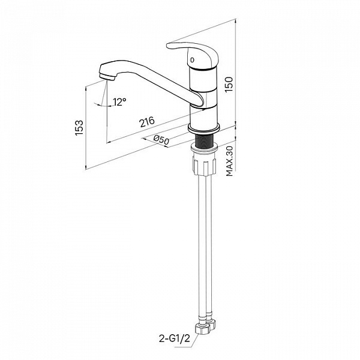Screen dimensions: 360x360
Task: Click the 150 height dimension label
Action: pyautogui.click(x=229, y=85)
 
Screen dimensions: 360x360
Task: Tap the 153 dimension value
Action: pyautogui.click(x=79, y=127)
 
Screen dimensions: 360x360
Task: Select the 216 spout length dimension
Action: pyautogui.click(x=147, y=122)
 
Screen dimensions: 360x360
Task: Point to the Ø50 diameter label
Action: pyautogui.click(x=161, y=140)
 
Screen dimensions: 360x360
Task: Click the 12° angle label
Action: pyautogui.click(x=119, y=102)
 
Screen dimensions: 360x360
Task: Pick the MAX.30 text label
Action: pyautogui.click(x=229, y=161)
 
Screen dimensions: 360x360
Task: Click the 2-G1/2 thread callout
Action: pyautogui.click(x=175, y=338)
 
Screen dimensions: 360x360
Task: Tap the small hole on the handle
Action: pyautogui.click(x=193, y=60)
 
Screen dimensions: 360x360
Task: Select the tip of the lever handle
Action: pyautogui.click(x=168, y=46)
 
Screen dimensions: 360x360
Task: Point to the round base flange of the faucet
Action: pyautogui.click(x=204, y=129)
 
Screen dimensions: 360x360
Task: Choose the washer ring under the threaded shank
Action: pyautogui.click(x=204, y=149)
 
